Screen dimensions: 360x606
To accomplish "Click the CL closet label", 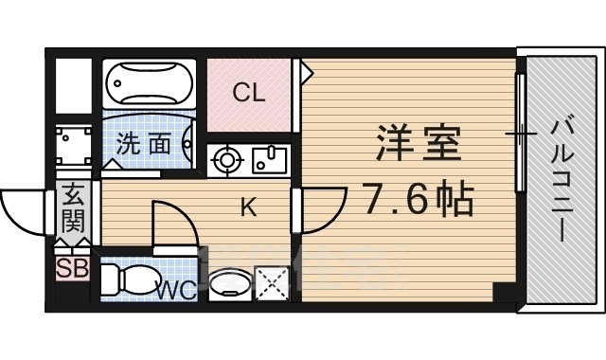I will tap(249, 93).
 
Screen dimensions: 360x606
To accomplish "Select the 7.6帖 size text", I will tap(417, 197).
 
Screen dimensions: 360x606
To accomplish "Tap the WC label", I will tap(177, 289).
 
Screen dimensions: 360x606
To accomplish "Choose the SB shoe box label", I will tap(72, 268).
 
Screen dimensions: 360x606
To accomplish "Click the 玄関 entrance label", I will tap(73, 211).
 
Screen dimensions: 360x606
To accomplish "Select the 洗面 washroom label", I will tap(144, 145).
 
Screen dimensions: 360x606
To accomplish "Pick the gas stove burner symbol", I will tap(226, 160).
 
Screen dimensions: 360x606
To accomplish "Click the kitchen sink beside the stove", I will tap(270, 159).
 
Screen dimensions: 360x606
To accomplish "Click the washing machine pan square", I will tap(73, 150).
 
